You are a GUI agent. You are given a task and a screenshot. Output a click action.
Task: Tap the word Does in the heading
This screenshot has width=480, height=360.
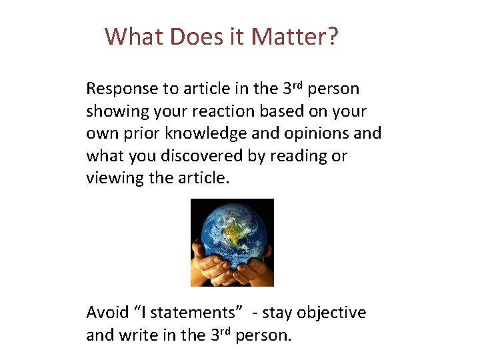[194, 36]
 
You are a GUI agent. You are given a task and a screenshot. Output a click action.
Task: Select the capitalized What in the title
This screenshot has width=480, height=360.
[134, 36]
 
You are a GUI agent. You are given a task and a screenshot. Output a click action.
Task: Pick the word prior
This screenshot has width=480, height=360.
[139, 133]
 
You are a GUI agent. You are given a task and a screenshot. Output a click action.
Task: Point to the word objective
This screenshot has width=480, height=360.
[331, 313]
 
